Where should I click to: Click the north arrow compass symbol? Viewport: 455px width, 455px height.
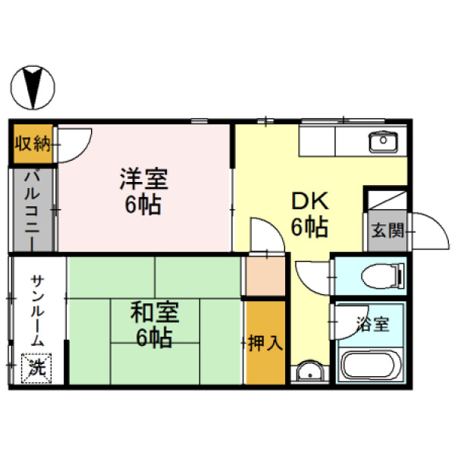(x=33, y=87)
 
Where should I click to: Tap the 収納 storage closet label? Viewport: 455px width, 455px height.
(x=33, y=143)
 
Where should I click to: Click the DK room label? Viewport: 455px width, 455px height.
(x=310, y=201)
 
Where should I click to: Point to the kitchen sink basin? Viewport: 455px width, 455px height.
(x=384, y=142)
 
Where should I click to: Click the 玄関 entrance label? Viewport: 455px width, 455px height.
(x=388, y=231)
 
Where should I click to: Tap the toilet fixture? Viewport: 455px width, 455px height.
(x=383, y=276)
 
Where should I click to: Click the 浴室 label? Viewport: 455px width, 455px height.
(x=373, y=324)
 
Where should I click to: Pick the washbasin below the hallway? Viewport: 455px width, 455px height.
(x=310, y=372)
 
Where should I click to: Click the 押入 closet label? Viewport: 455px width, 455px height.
(x=265, y=343)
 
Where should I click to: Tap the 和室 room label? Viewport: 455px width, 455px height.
(x=155, y=312)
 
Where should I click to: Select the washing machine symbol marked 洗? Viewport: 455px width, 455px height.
(x=36, y=369)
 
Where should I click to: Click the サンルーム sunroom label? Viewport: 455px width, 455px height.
(x=38, y=310)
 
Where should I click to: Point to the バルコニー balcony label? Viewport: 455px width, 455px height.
(x=32, y=210)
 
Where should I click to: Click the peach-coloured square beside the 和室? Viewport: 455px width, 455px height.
(x=265, y=276)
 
